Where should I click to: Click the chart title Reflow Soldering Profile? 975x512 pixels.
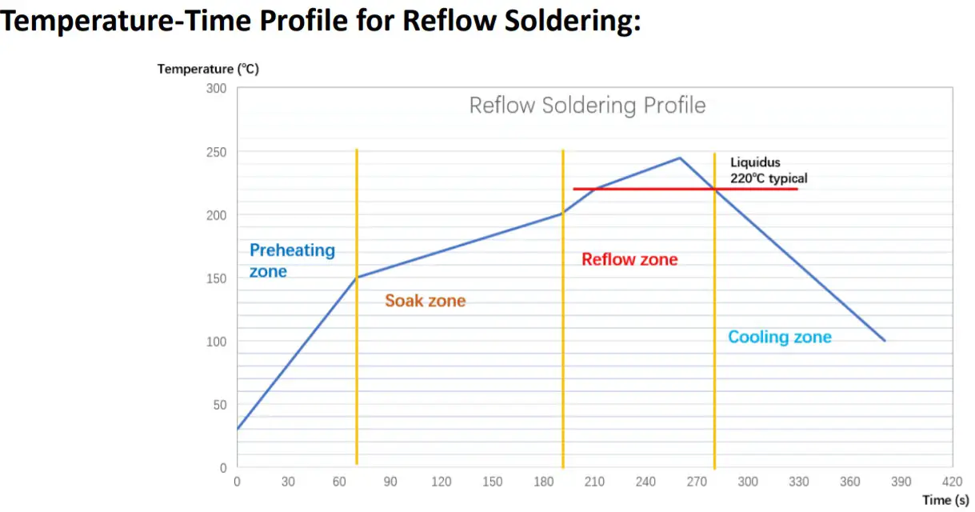pyautogui.click(x=587, y=106)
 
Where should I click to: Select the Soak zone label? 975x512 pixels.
pyautogui.click(x=425, y=301)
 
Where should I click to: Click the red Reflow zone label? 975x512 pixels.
pyautogui.click(x=629, y=259)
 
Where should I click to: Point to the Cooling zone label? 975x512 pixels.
pyautogui.click(x=779, y=337)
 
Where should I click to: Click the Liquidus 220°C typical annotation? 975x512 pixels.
pyautogui.click(x=768, y=170)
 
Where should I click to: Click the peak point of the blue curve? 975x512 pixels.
pyautogui.click(x=680, y=158)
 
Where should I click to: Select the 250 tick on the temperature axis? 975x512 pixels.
pyautogui.click(x=216, y=152)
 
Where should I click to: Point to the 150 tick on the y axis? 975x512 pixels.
pyautogui.click(x=216, y=278)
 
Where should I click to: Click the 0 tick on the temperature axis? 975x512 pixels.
pyautogui.click(x=223, y=467)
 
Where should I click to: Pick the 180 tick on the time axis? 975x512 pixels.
pyautogui.click(x=543, y=482)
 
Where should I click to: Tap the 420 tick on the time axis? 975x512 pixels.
pyautogui.click(x=952, y=482)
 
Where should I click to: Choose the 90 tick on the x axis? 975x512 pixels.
pyautogui.click(x=390, y=482)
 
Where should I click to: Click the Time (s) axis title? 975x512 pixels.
pyautogui.click(x=946, y=500)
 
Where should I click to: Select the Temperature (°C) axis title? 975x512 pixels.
pyautogui.click(x=208, y=69)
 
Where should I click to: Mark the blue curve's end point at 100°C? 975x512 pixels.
pyautogui.click(x=885, y=341)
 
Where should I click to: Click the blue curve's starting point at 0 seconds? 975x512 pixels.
pyautogui.click(x=238, y=430)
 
